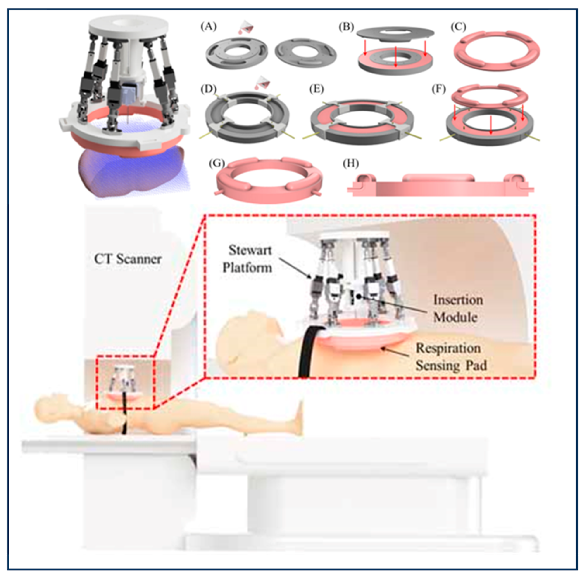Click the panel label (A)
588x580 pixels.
[209, 27]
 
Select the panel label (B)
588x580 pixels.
[346, 27]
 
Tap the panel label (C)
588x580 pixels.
[458, 27]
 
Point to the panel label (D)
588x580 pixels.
[209, 89]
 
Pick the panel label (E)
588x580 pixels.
[317, 89]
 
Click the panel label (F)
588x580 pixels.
[439, 89]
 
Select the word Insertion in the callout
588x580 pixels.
[458, 300]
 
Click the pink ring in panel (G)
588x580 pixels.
[225, 183]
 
